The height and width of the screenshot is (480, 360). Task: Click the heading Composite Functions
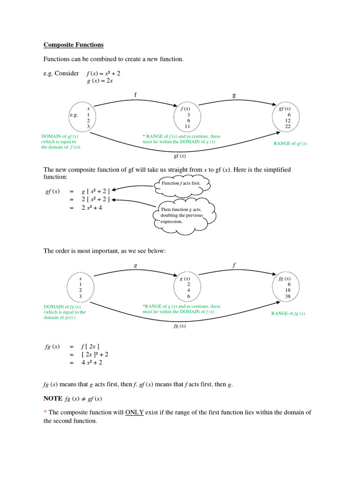coord(74,45)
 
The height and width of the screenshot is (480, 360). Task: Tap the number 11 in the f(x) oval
coord(187,127)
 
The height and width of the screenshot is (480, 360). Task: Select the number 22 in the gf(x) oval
coord(288,127)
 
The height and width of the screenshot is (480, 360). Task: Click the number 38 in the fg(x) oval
coord(288,296)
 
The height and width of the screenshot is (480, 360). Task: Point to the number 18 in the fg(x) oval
coord(288,290)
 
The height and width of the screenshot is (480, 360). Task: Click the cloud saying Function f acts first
coord(180,183)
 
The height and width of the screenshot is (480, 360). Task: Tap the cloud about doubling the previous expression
coord(183,216)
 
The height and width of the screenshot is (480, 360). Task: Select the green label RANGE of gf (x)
coord(291,143)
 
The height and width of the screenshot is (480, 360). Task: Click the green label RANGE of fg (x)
coord(288,314)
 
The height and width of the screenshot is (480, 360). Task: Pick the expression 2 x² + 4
coord(92,208)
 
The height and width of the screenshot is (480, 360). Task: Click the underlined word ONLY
coord(134,412)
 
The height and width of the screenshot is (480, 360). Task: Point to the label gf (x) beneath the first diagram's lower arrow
coord(180,156)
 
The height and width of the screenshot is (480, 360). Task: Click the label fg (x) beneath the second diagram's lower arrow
coord(180,326)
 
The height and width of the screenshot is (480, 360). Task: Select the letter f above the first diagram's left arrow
coord(135,95)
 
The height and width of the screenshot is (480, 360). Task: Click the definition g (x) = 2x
coord(100,81)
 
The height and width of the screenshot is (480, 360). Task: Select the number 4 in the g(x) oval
coord(188,290)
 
